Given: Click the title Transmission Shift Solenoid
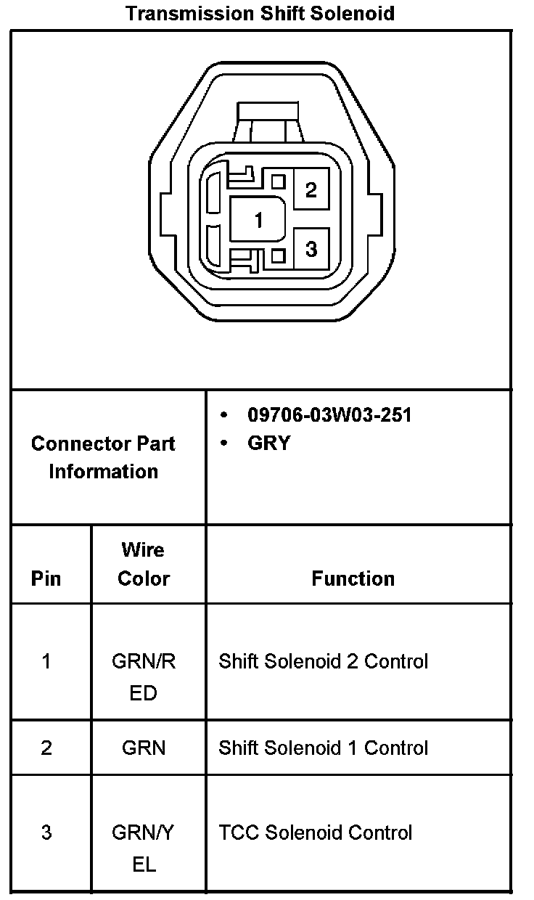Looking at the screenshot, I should (260, 13).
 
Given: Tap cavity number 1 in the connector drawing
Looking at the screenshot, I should (258, 219).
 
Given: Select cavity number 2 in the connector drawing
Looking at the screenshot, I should (311, 190).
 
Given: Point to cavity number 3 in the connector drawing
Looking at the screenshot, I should (311, 249).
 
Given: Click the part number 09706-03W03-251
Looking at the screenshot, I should (329, 415).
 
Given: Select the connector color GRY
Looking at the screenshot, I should (269, 443).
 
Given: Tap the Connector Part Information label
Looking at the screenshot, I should (103, 457).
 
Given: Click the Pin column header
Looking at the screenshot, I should (46, 578).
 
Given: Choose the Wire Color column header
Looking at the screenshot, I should (144, 564).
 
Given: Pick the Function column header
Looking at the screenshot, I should (353, 578).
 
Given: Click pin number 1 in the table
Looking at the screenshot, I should (46, 661).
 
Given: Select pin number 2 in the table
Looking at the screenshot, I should (46, 748).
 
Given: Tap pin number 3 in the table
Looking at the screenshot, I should (46, 832).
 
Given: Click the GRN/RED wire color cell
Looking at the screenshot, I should (144, 676).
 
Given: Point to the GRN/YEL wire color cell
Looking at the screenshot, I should (144, 848).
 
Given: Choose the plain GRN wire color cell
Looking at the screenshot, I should (144, 748).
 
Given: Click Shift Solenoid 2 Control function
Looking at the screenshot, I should (324, 661).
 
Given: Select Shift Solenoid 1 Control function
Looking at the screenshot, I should (324, 748).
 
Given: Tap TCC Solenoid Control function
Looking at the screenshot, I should (316, 832).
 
